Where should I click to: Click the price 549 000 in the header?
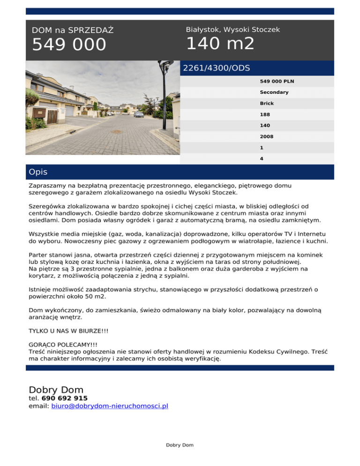pos(69,45)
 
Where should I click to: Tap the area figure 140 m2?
pos(220,44)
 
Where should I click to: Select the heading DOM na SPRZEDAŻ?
pos(73,30)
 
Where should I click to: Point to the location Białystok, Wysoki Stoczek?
pos(232,30)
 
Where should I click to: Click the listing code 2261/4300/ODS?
pos(216,68)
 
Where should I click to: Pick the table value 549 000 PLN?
pos(277,81)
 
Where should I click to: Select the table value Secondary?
pos(274,92)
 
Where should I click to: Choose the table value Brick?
pos(267,103)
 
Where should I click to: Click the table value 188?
pos(265,114)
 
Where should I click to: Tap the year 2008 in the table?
pos(267,137)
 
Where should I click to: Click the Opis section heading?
pos(38,172)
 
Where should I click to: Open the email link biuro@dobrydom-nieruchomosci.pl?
pos(109,406)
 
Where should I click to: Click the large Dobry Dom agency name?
pos(56,390)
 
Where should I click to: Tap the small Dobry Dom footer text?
pos(180,445)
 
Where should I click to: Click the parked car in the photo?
pos(139,114)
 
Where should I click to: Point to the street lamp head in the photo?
pos(165,64)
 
